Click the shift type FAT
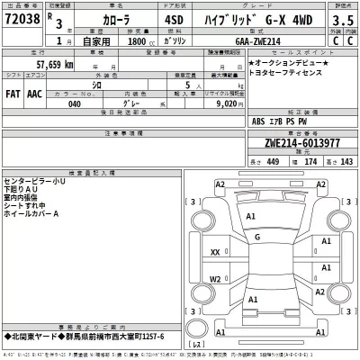click(x=13, y=92)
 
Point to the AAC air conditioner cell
click(x=34, y=92)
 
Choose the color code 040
click(x=75, y=104)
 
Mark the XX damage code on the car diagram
click(x=215, y=253)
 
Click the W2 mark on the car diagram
click(x=215, y=279)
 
